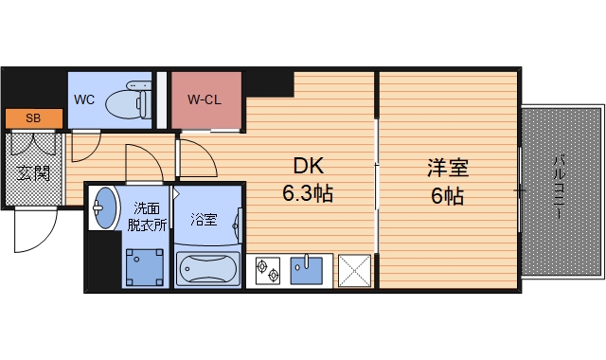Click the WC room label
tap(82, 98)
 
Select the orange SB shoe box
tap(33, 118)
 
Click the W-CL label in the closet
tap(205, 98)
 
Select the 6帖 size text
tap(448, 197)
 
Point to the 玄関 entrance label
tap(33, 173)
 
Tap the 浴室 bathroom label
tap(204, 221)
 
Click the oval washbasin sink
tap(103, 207)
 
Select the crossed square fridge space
tap(355, 270)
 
